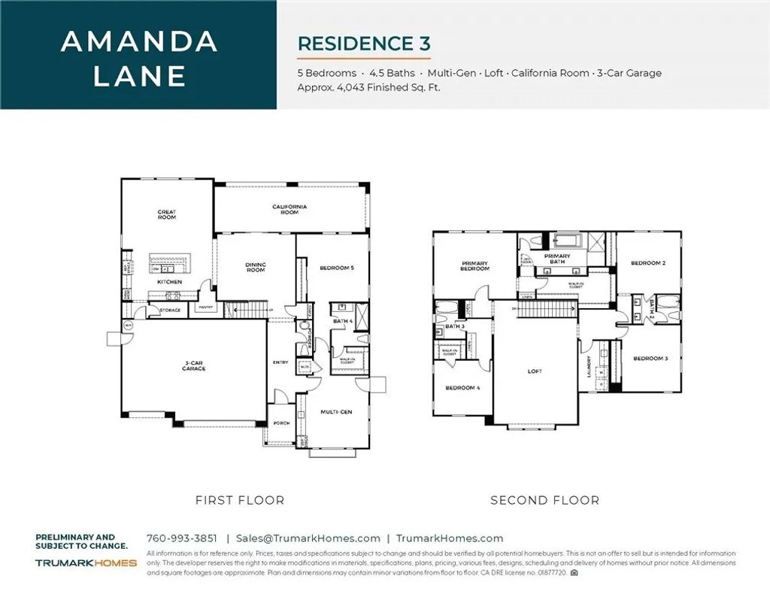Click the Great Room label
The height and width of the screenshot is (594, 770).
pyautogui.click(x=167, y=215)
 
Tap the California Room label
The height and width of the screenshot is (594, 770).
pyautogui.click(x=290, y=209)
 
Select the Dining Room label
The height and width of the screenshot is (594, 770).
pyautogui.click(x=256, y=267)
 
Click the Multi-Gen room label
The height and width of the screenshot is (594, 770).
pyautogui.click(x=336, y=412)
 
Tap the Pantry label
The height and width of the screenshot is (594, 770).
pyautogui.click(x=204, y=308)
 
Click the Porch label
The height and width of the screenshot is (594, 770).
pyautogui.click(x=281, y=423)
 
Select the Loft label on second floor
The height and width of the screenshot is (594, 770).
pyautogui.click(x=535, y=371)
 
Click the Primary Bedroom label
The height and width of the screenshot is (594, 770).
pyautogui.click(x=475, y=266)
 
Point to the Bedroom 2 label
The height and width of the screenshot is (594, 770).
pyautogui.click(x=648, y=263)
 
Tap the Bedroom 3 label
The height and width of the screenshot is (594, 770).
pyautogui.click(x=650, y=359)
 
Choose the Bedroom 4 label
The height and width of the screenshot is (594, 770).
pyautogui.click(x=462, y=388)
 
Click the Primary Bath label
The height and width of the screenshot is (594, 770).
pyautogui.click(x=557, y=259)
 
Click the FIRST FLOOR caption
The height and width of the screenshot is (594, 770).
pyautogui.click(x=240, y=500)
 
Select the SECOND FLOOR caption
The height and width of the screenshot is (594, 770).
pyautogui.click(x=545, y=500)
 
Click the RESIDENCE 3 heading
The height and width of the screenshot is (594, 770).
pyautogui.click(x=364, y=42)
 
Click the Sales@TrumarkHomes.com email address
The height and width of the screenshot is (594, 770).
pyautogui.click(x=308, y=538)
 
